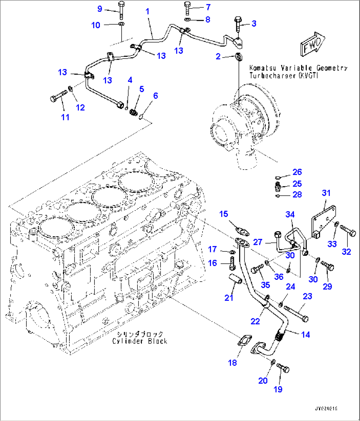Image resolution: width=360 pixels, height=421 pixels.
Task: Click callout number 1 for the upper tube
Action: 148,12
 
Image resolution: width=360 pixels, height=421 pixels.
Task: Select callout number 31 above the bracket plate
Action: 326,193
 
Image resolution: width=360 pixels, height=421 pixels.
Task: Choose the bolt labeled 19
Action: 283,367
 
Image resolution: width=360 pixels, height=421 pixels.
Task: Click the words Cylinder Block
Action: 140,341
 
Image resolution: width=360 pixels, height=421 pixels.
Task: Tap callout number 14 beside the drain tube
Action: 306,335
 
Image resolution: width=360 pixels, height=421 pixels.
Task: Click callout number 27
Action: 257,242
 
